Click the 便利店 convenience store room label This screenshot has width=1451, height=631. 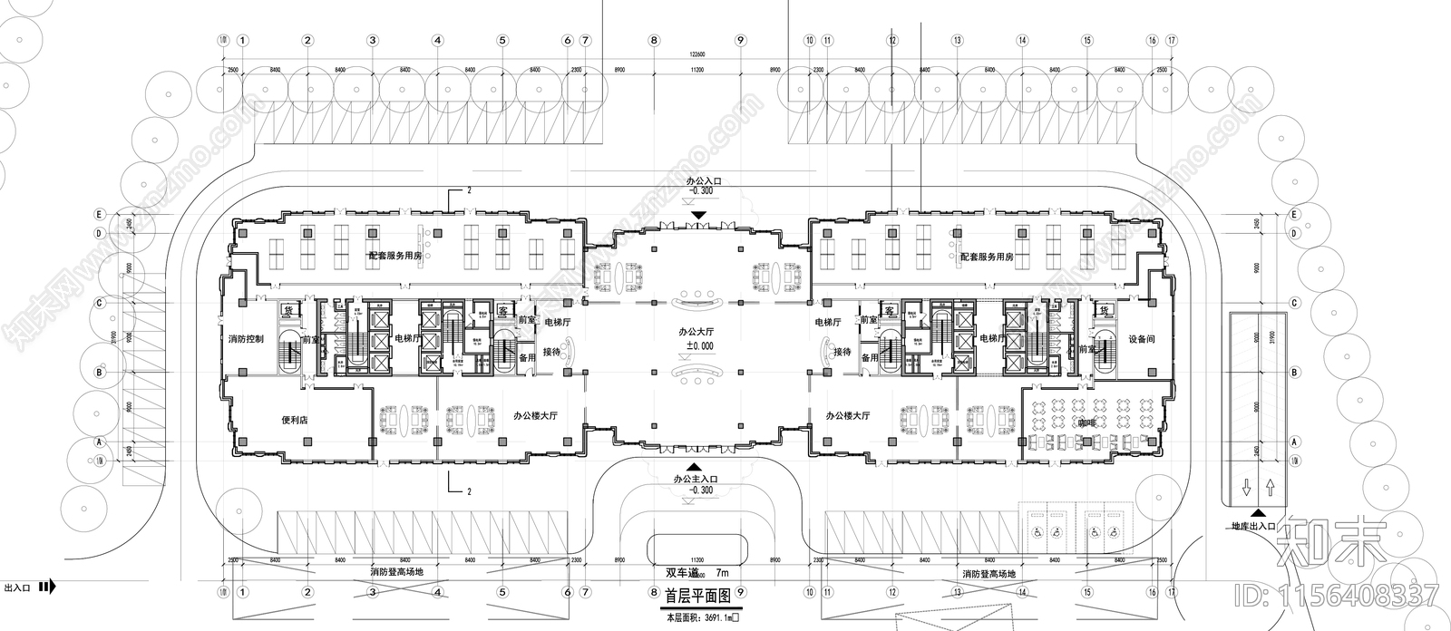pos(297,421)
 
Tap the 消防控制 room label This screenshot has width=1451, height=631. pos(245,339)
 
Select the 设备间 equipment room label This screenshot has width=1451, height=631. pos(1141,339)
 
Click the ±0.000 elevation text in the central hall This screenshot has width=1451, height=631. pos(698,346)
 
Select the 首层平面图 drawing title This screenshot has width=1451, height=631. pos(695,597)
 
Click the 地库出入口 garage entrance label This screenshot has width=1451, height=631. pos(1253,526)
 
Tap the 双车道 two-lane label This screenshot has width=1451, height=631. pos(682,573)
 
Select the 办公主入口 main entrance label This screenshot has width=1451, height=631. pos(696,478)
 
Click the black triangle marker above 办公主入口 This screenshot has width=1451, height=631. pos(696,464)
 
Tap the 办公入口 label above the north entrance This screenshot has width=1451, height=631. pos(699,181)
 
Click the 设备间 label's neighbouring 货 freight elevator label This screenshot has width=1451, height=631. pos(1104,311)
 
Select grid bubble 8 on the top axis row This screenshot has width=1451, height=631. pos(652,40)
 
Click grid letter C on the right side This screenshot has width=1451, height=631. pos(1295,302)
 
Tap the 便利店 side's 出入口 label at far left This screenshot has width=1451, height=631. pos(17,587)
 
